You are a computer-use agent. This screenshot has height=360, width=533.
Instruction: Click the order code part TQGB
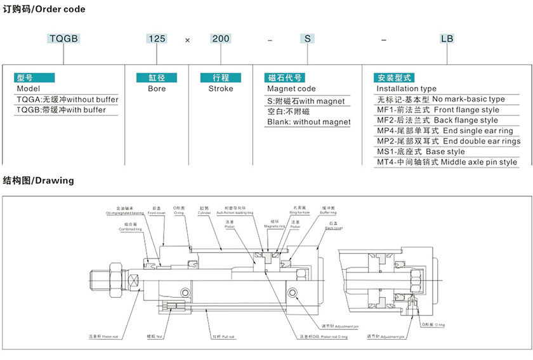pos(63,39)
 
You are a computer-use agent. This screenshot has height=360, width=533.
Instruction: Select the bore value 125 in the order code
pos(157,39)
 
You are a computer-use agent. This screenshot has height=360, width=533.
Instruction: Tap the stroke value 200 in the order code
pos(221,39)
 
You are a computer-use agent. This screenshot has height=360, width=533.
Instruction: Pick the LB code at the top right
pos(447,39)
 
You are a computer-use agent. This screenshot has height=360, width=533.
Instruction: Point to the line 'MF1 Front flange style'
pos(438,110)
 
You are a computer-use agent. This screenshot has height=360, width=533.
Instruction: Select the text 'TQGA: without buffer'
pos(67,100)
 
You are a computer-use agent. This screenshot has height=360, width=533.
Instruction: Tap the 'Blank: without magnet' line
pos(309,122)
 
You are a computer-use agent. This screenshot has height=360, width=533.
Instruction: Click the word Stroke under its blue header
pos(221,89)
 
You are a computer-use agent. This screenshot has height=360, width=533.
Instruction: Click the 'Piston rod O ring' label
pos(324,337)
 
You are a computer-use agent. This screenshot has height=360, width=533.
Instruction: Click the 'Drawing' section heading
pos(38,180)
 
